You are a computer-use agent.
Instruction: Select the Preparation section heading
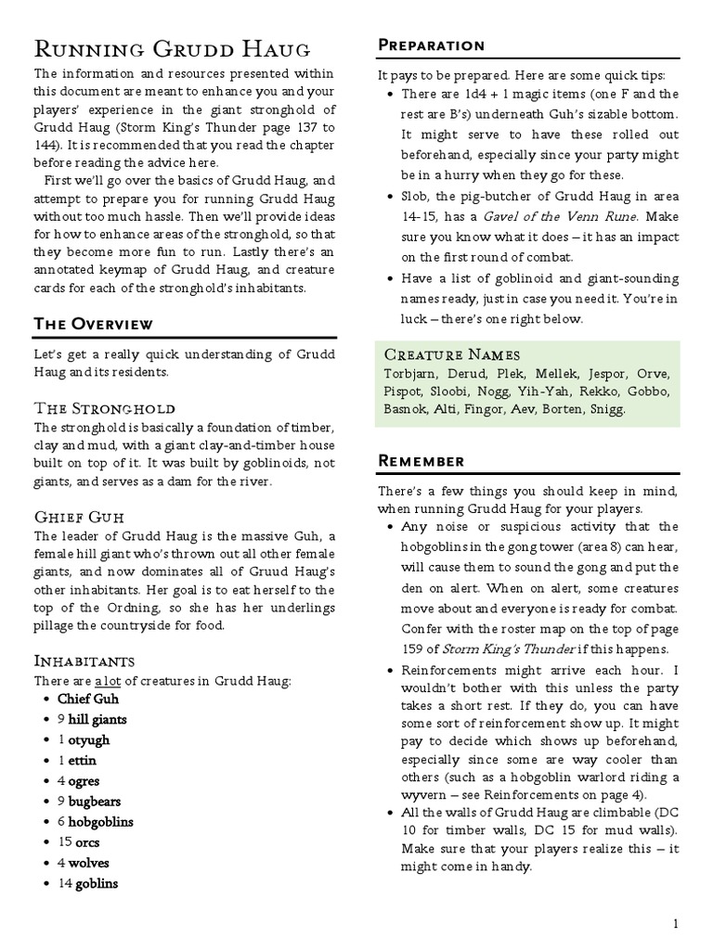pyautogui.click(x=431, y=45)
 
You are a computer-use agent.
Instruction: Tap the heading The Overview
pyautogui.click(x=94, y=324)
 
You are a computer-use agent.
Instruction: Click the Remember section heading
pyautogui.click(x=421, y=461)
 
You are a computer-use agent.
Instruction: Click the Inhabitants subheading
pyautogui.click(x=84, y=661)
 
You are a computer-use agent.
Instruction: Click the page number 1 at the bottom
pyautogui.click(x=677, y=923)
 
